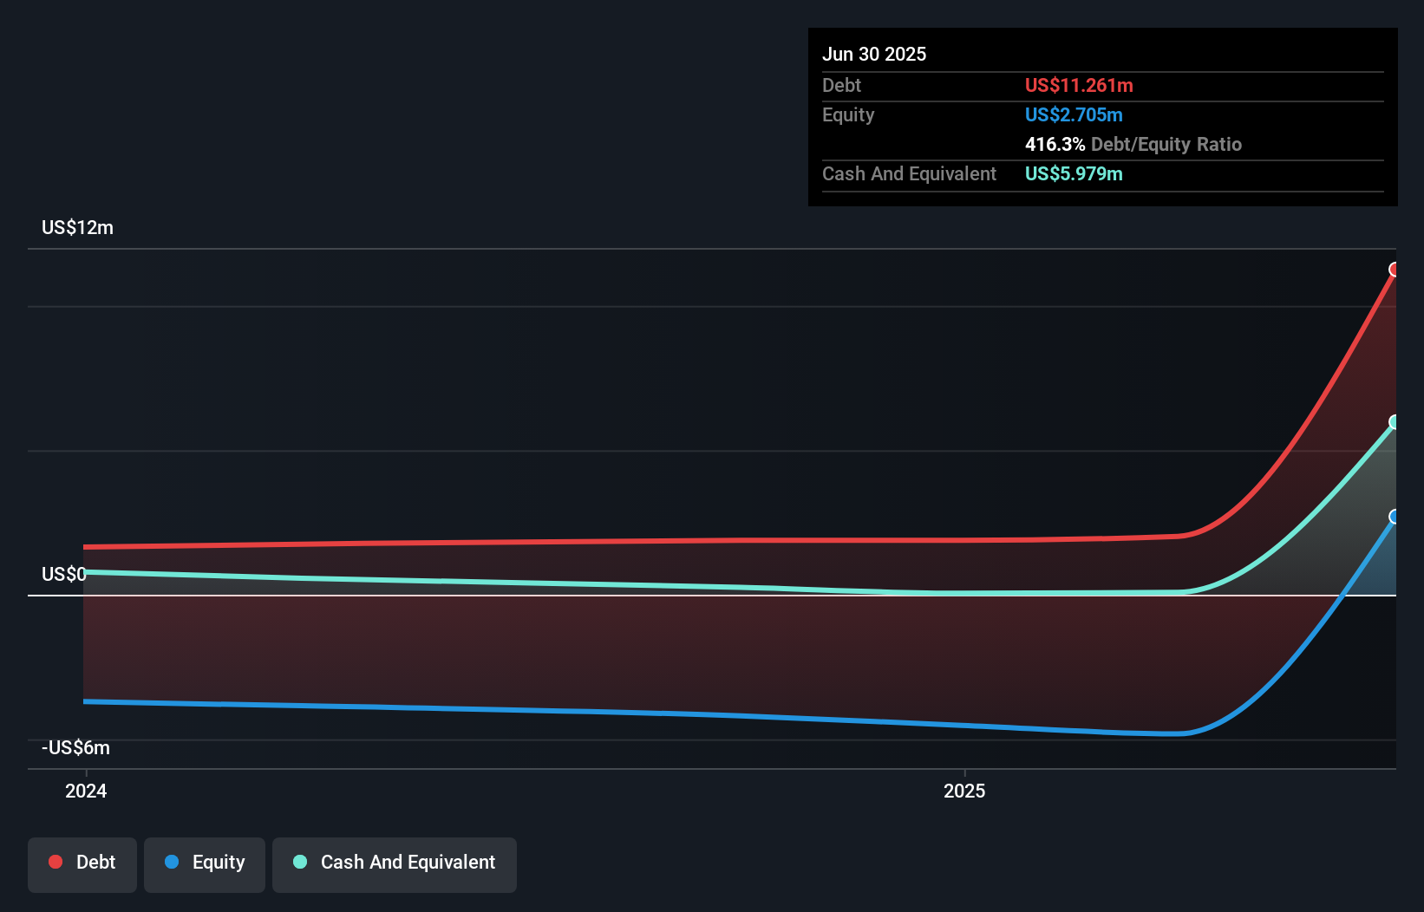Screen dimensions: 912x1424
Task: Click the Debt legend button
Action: [82, 863]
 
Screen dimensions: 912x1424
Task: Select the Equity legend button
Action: [205, 863]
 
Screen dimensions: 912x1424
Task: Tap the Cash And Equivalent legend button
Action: [395, 863]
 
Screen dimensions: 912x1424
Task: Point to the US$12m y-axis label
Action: [78, 228]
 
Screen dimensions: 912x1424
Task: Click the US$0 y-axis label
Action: [64, 575]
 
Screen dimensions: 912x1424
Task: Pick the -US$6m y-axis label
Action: [76, 748]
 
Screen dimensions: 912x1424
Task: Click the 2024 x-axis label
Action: [86, 791]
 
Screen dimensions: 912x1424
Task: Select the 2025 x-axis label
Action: [964, 791]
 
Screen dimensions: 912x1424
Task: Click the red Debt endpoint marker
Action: [1395, 270]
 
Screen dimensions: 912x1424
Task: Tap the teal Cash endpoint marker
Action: [1395, 422]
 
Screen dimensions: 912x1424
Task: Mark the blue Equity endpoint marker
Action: [1395, 517]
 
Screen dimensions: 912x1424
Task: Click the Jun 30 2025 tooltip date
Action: [874, 55]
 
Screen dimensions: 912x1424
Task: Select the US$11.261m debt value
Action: [1079, 86]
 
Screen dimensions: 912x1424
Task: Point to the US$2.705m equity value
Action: [1074, 115]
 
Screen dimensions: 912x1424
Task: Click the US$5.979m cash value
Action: [1074, 174]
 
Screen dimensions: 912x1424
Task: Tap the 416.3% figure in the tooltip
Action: [1055, 145]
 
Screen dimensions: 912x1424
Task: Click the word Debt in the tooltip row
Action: [841, 86]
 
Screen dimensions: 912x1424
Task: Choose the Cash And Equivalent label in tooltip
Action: [909, 174]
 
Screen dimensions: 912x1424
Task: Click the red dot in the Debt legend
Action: [56, 862]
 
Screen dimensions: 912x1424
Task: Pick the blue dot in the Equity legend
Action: [172, 862]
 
